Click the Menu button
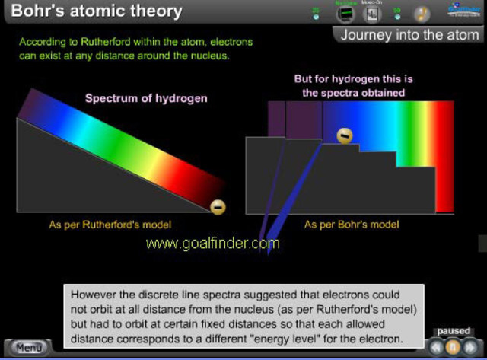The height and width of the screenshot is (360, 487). pos(28,348)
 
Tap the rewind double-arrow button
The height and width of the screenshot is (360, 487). pos(436,347)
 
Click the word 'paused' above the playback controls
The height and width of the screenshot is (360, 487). pos(454,331)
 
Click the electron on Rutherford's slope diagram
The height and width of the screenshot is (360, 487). pos(218,206)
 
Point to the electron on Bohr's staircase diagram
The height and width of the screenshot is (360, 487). pos(345,135)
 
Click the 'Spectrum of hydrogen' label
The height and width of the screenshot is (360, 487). pos(146,98)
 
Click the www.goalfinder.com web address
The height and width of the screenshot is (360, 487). pos(212,244)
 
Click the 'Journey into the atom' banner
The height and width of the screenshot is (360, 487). pos(409,35)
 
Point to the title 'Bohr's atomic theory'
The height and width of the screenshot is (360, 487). pos(97,11)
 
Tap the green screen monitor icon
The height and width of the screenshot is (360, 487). pos(346,14)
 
